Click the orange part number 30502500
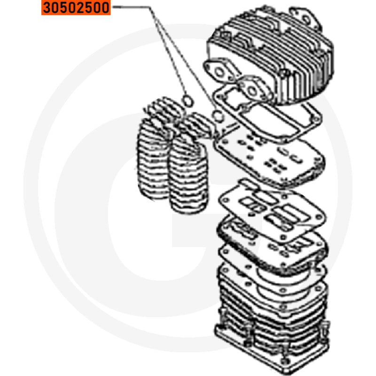click(x=76, y=8)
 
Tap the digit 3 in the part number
click(x=47, y=8)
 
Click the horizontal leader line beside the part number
click(x=131, y=7)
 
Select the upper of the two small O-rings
click(x=188, y=101)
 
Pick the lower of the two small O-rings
click(x=218, y=116)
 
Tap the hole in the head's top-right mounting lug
click(x=306, y=19)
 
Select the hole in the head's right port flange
click(x=252, y=91)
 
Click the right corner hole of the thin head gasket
click(x=316, y=119)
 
